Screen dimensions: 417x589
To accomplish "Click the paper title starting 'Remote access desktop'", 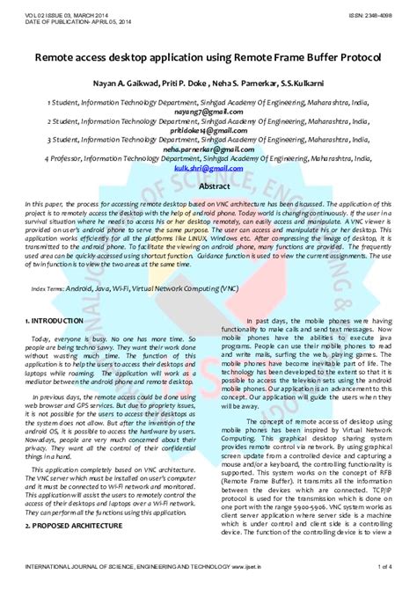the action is [x=208, y=55].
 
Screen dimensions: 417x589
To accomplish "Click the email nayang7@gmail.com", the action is [x=208, y=112].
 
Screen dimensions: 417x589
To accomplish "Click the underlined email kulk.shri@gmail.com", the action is [x=208, y=168].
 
